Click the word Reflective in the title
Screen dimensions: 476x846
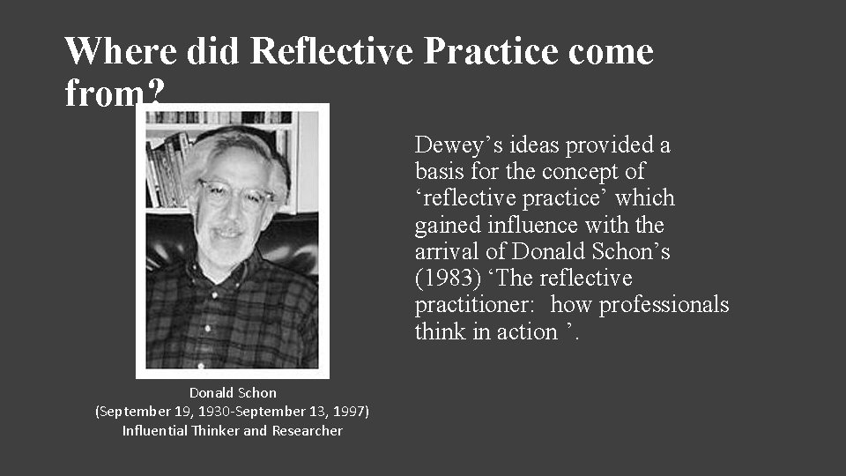click(331, 51)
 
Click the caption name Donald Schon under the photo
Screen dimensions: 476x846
click(233, 393)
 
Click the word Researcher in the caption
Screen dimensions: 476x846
click(307, 430)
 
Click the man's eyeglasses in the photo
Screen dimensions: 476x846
click(232, 194)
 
